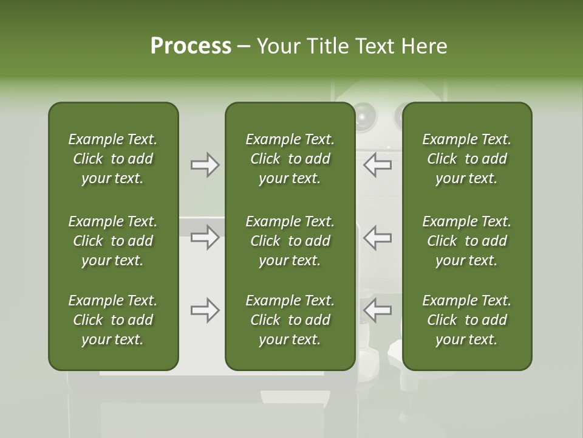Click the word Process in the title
191,46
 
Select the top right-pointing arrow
205,165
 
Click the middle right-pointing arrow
205,237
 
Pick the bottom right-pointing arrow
205,310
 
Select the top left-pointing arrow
378,165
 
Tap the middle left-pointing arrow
378,237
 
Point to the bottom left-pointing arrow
378,310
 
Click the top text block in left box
113,159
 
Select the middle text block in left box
113,241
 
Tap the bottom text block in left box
113,320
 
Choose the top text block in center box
290,159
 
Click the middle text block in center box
290,241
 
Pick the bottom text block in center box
290,320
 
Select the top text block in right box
466,159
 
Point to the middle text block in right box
466,241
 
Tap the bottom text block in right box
466,320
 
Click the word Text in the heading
374,46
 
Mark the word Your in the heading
278,46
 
